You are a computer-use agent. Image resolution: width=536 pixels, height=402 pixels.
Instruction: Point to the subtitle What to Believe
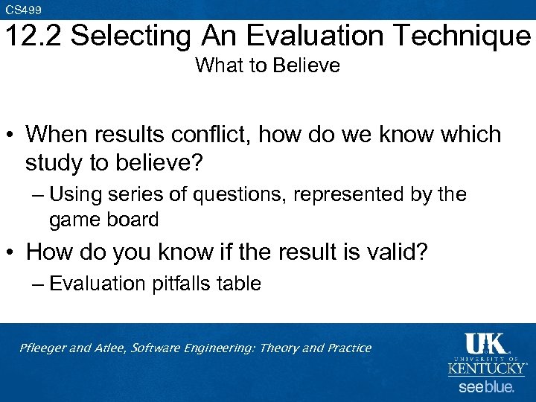pos(267,66)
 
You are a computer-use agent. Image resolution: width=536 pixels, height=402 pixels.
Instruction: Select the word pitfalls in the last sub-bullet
pos(182,284)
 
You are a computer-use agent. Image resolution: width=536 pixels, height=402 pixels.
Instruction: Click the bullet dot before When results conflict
pos(11,135)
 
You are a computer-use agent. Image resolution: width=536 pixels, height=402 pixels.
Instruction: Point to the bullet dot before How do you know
pos(11,252)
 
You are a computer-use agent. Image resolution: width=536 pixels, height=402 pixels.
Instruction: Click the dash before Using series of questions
pos(38,195)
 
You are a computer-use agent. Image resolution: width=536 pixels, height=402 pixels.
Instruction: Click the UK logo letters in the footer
pos(485,344)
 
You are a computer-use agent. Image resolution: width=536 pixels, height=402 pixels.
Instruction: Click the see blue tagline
pos(486,387)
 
